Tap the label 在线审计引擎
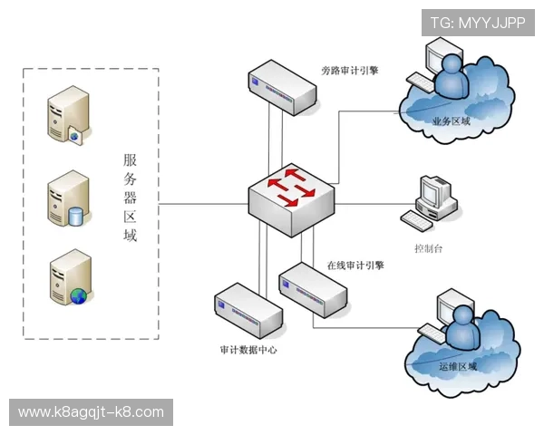(355, 266)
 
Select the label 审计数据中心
(248, 349)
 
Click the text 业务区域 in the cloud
(451, 121)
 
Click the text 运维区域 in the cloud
(457, 367)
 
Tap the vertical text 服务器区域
(131, 198)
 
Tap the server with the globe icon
(71, 279)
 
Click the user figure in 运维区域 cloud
(460, 321)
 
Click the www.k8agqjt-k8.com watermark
(91, 412)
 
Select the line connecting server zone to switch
(204, 204)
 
